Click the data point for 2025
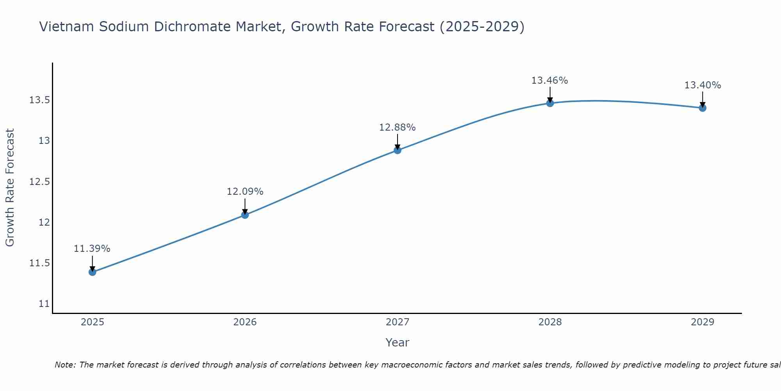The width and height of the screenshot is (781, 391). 93,272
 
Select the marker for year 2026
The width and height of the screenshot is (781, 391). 245,215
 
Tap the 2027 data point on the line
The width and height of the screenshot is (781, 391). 398,150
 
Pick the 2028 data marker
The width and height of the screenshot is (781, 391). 550,103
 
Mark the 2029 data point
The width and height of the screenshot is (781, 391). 703,108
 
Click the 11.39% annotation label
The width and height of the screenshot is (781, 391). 92,249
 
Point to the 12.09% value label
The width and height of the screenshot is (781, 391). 245,192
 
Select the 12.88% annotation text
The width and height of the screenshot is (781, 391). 398,127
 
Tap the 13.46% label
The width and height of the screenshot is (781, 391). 550,81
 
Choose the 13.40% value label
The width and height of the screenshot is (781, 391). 703,85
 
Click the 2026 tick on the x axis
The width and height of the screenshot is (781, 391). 245,322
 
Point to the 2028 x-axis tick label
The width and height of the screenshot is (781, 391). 550,322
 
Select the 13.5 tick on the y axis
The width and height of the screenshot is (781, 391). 40,100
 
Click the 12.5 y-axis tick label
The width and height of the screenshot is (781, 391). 40,182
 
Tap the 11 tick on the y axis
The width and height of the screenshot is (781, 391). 44,304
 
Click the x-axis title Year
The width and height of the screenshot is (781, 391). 397,343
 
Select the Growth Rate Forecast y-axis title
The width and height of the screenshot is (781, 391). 10,188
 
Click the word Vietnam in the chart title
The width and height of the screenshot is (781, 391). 66,27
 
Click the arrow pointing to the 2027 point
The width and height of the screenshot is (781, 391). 398,141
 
